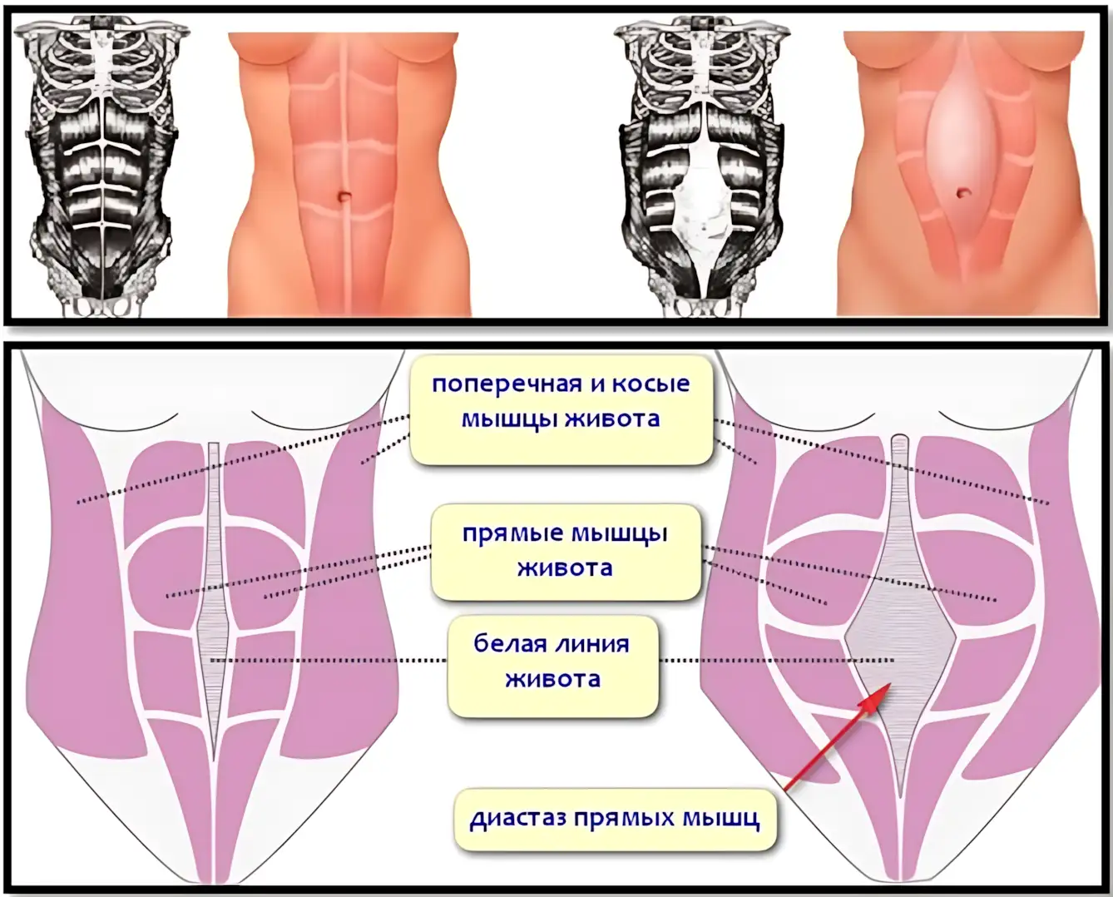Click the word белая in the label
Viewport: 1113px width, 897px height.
(x=510, y=645)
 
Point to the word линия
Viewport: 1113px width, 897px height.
(x=593, y=646)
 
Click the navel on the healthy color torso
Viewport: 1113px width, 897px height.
(x=344, y=196)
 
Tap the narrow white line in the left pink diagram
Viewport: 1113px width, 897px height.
(x=213, y=621)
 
